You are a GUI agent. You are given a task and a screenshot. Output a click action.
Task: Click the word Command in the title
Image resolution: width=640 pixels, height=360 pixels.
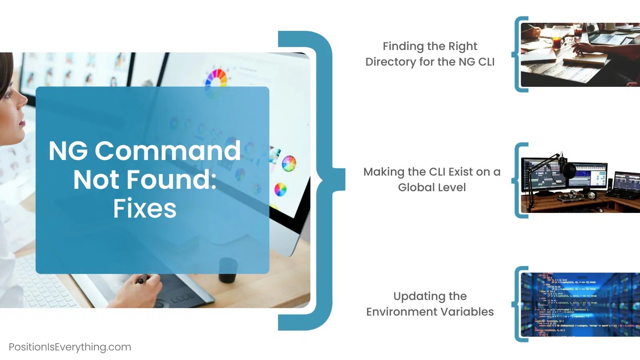click(168, 151)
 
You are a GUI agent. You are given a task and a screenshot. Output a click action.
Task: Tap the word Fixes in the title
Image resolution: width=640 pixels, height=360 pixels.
click(144, 208)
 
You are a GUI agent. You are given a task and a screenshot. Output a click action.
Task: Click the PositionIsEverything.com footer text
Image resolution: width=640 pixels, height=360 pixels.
click(70, 347)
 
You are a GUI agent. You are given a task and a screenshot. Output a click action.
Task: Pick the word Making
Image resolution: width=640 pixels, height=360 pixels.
click(384, 172)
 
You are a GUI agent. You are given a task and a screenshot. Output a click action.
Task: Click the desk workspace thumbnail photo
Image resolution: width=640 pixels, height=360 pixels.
click(580, 54)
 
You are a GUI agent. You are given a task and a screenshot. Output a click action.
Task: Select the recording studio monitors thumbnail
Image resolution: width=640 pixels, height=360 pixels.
click(580, 180)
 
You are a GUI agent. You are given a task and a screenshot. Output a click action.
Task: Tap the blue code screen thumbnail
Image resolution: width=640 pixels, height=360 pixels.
click(580, 305)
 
